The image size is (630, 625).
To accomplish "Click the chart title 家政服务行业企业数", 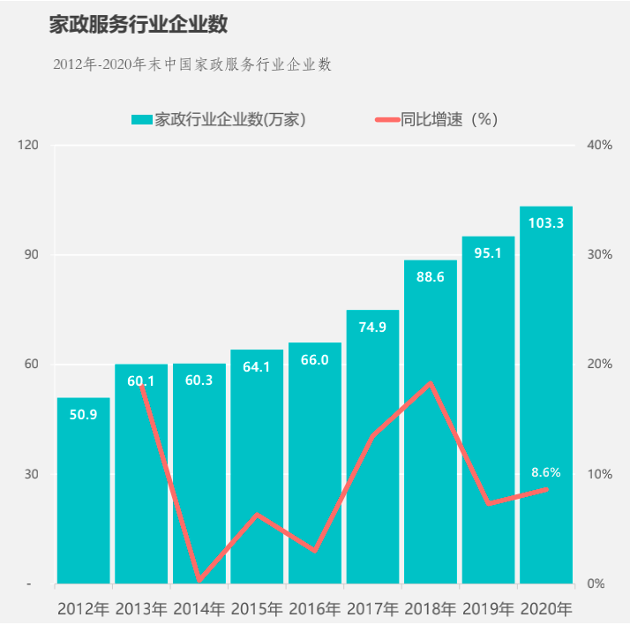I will pyautogui.click(x=138, y=25).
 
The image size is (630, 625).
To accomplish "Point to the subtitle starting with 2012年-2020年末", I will pyautogui.click(x=191, y=64).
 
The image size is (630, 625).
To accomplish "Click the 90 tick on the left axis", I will pyautogui.click(x=33, y=254).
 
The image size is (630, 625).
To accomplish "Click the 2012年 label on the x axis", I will pyautogui.click(x=83, y=609).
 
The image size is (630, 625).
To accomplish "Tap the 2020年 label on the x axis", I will pyautogui.click(x=546, y=609).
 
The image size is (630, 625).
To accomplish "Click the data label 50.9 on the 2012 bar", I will pyautogui.click(x=83, y=414).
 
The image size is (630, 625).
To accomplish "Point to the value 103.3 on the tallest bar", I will pyautogui.click(x=546, y=223).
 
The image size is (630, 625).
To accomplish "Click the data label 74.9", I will pyautogui.click(x=372, y=327).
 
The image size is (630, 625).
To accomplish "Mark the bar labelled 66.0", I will pyautogui.click(x=315, y=459).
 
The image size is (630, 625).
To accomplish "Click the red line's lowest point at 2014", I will pyautogui.click(x=199, y=580).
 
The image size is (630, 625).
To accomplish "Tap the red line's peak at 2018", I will pyautogui.click(x=431, y=383).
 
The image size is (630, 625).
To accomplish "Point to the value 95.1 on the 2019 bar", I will pyautogui.click(x=488, y=253).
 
